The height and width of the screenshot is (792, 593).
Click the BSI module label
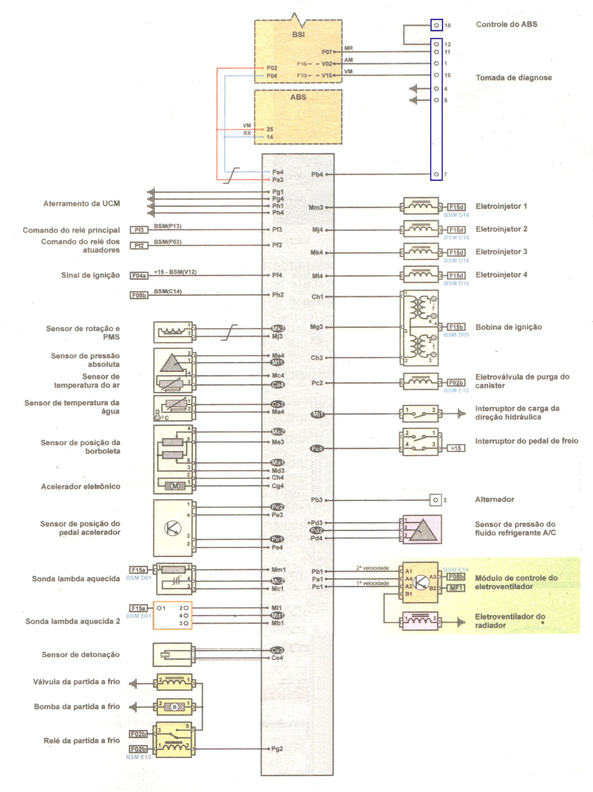pos(298,34)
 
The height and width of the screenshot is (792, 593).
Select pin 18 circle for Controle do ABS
pos(436,25)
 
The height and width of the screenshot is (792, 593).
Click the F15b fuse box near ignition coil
pos(456,327)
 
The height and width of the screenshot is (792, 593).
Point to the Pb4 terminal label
pos(317,174)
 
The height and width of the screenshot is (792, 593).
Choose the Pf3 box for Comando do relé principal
pos(139,230)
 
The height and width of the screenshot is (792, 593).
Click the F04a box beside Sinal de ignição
pos(139,275)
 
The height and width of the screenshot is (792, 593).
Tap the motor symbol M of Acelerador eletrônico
pos(175,486)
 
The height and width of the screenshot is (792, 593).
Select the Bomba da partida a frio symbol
pos(174,707)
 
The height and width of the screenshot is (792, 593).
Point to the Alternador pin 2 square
pos(435,500)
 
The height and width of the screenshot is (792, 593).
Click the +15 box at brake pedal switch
pos(456,448)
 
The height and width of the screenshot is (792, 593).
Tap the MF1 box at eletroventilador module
pos(456,587)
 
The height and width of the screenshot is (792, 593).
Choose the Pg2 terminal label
pos(277,748)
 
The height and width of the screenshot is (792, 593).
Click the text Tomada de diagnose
pos(513,77)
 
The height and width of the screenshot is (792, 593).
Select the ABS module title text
pos(298,97)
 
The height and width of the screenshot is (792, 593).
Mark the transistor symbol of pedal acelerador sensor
pos(173,528)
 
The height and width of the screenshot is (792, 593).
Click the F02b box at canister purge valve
pos(456,382)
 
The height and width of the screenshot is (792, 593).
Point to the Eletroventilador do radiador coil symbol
pos(420,621)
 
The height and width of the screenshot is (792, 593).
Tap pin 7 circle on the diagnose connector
pos(436,174)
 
